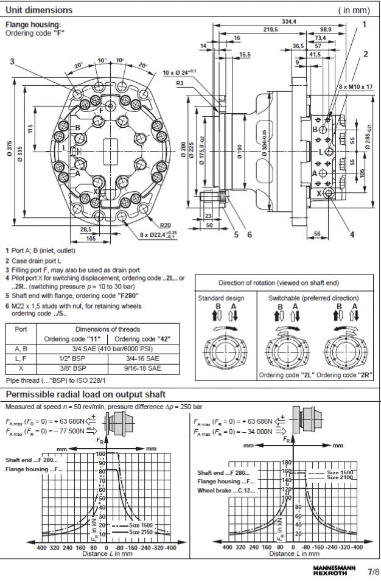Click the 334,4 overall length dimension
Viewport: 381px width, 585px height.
[x=289, y=22]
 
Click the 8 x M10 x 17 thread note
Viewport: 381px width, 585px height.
[x=356, y=87]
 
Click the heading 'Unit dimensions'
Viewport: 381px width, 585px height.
[x=39, y=10]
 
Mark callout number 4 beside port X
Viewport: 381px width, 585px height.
[x=352, y=233]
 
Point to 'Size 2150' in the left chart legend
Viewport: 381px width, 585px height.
[x=142, y=531]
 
